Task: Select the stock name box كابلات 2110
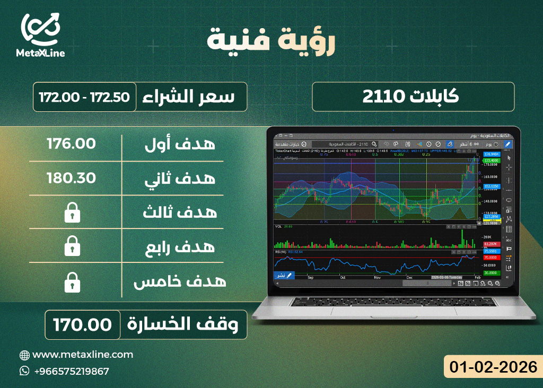(413, 96)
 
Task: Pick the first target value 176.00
(71, 144)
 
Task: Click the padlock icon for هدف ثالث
(71, 214)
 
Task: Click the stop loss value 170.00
(82, 324)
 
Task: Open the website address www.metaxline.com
(83, 355)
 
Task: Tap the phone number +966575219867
(71, 371)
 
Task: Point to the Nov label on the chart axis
(377, 277)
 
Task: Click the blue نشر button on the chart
(283, 276)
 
